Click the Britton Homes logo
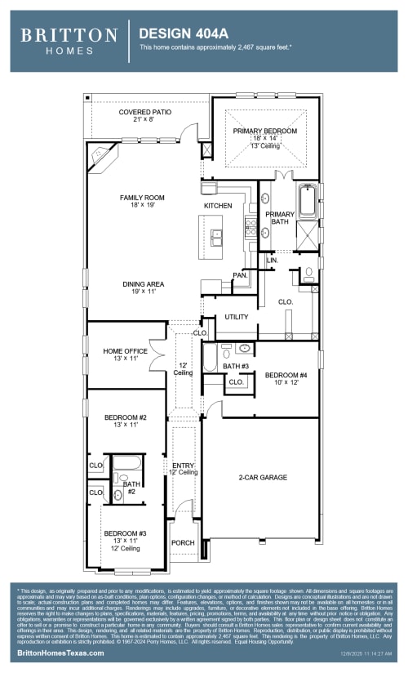69,40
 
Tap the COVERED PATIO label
144,112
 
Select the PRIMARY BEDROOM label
264,131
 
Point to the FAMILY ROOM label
142,198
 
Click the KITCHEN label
218,205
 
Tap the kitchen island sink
217,237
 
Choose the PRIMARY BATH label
279,218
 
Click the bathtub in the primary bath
308,202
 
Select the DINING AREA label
144,284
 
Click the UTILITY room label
237,316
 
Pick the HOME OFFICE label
125,351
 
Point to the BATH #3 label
237,366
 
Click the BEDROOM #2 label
125,417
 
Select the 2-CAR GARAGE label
263,477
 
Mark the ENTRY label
183,465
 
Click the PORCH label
182,542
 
